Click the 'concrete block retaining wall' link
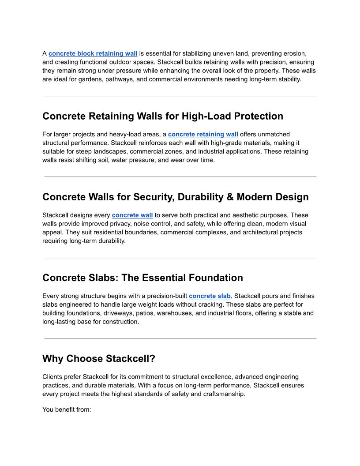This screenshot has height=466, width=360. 93,53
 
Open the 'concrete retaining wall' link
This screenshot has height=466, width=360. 203,134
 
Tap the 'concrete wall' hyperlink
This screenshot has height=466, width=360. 132,215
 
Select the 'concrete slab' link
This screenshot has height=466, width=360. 210,296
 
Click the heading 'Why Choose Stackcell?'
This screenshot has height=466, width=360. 99,359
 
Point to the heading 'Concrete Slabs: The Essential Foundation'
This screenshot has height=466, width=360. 142,278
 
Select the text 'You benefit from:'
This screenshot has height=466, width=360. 67,410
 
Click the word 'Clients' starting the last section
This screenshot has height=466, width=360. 52,377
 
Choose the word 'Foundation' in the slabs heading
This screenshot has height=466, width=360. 216,278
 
